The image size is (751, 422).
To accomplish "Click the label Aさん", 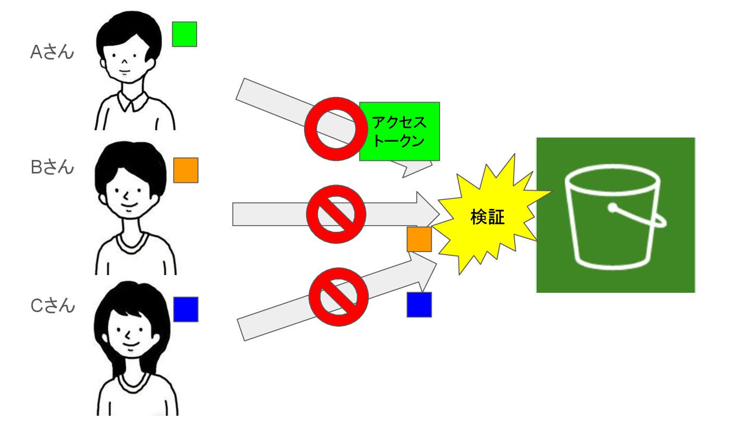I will (x=52, y=52).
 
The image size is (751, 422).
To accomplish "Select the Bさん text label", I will (x=52, y=167).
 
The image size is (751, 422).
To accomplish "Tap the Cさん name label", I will (x=53, y=306).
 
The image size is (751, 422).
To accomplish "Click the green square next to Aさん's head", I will (x=185, y=34).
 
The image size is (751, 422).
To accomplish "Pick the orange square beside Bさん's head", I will (x=186, y=170).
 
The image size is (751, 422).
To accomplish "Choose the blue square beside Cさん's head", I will (x=186, y=309).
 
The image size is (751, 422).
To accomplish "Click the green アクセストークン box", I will (x=399, y=131).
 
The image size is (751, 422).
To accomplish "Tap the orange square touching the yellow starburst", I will (x=419, y=239).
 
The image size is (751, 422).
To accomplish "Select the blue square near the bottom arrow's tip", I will (x=419, y=305).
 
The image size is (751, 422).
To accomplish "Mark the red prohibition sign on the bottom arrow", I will (x=338, y=296).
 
